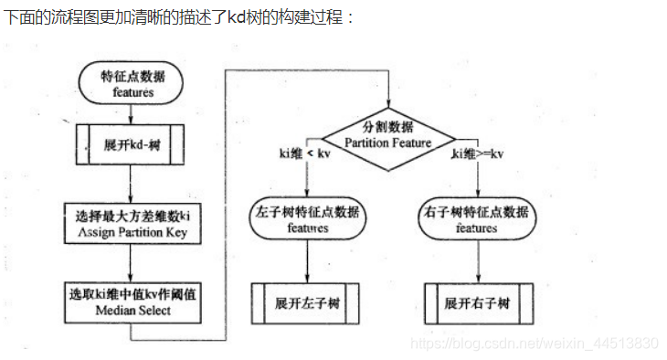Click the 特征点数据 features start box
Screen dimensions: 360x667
(x=132, y=83)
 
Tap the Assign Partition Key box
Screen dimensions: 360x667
(x=132, y=224)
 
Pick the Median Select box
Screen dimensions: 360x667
(x=132, y=302)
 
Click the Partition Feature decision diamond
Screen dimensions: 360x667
(x=391, y=134)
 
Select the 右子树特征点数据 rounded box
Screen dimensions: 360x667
(x=476, y=220)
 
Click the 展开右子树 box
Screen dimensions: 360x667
(x=476, y=302)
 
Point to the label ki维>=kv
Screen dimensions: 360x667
(x=478, y=154)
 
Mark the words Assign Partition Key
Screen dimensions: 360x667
(x=132, y=233)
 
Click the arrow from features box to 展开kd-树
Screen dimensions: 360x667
(x=132, y=112)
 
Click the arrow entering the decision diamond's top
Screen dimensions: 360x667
(x=391, y=91)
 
